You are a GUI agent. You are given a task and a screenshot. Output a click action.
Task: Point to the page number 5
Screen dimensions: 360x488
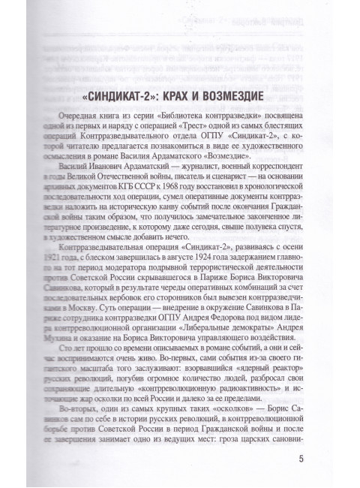point(301,459)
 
